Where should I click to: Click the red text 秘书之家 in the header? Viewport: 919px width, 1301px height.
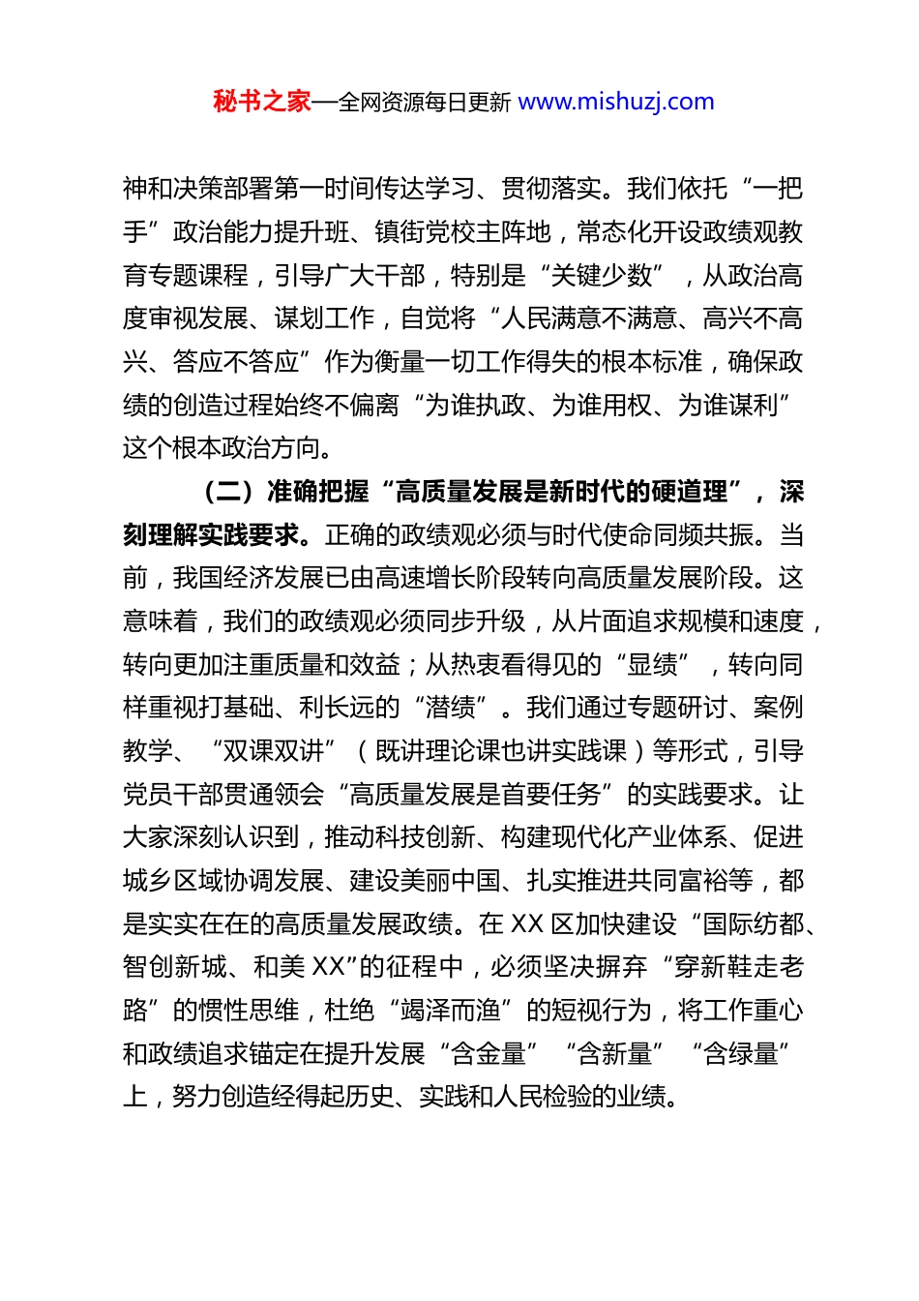pyautogui.click(x=261, y=102)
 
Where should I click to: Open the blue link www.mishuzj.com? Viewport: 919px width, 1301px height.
pyautogui.click(x=616, y=102)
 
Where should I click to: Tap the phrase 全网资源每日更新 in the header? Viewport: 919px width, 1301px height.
pyautogui.click(x=424, y=102)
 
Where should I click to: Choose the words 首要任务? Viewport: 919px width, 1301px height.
pyautogui.click(x=551, y=795)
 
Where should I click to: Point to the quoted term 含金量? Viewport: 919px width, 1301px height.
pyautogui.click(x=489, y=1053)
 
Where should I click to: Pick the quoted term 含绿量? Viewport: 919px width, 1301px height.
pyautogui.click(x=740, y=1053)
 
